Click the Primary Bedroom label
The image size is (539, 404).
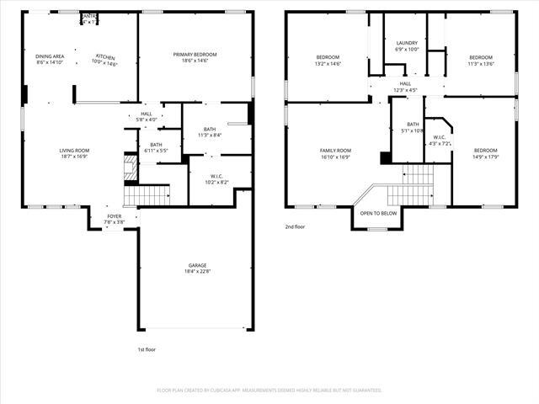[x=195, y=56]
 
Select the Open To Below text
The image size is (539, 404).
[x=378, y=213]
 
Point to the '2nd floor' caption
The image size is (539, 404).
[x=294, y=227]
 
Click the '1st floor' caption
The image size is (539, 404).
[x=146, y=349]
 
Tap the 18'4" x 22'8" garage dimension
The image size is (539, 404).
[x=196, y=271]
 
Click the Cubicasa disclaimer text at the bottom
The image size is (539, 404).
[x=269, y=390]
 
